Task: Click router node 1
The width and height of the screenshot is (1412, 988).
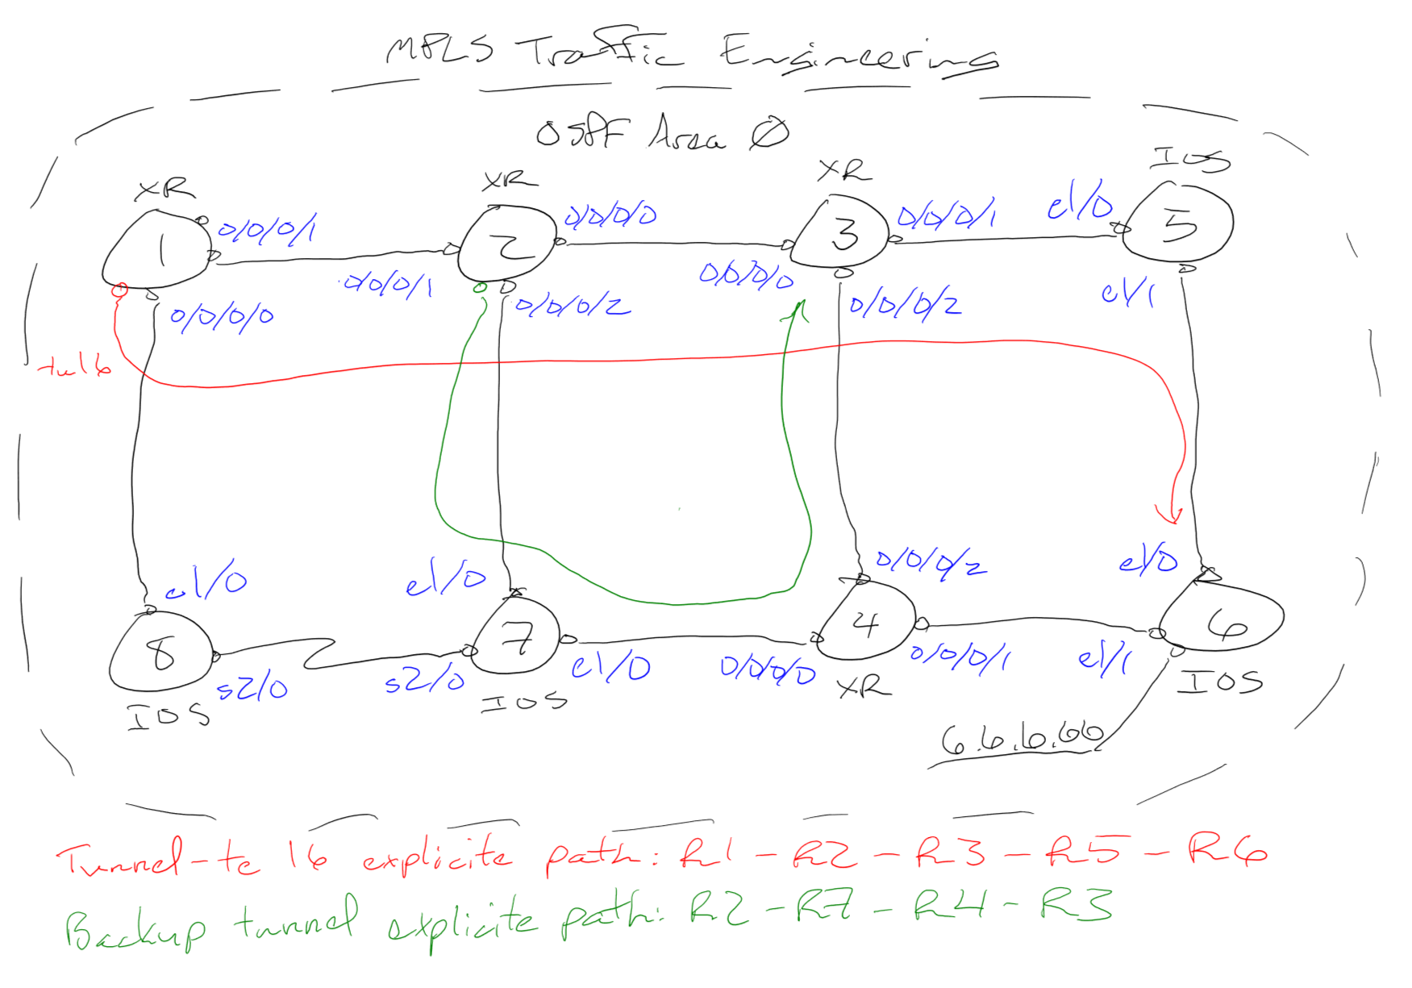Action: tap(158, 250)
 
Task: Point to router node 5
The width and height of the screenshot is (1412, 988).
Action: tap(1179, 223)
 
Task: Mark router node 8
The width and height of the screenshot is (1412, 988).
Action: tap(162, 652)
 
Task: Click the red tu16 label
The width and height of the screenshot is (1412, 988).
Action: tap(75, 368)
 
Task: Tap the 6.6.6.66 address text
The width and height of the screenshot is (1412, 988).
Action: tap(1022, 737)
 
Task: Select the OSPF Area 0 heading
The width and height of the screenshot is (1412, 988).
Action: tap(661, 133)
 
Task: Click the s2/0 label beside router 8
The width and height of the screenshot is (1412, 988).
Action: tap(252, 688)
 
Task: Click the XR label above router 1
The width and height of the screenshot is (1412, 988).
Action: tap(165, 190)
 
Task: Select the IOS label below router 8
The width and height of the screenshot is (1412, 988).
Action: tap(168, 715)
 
